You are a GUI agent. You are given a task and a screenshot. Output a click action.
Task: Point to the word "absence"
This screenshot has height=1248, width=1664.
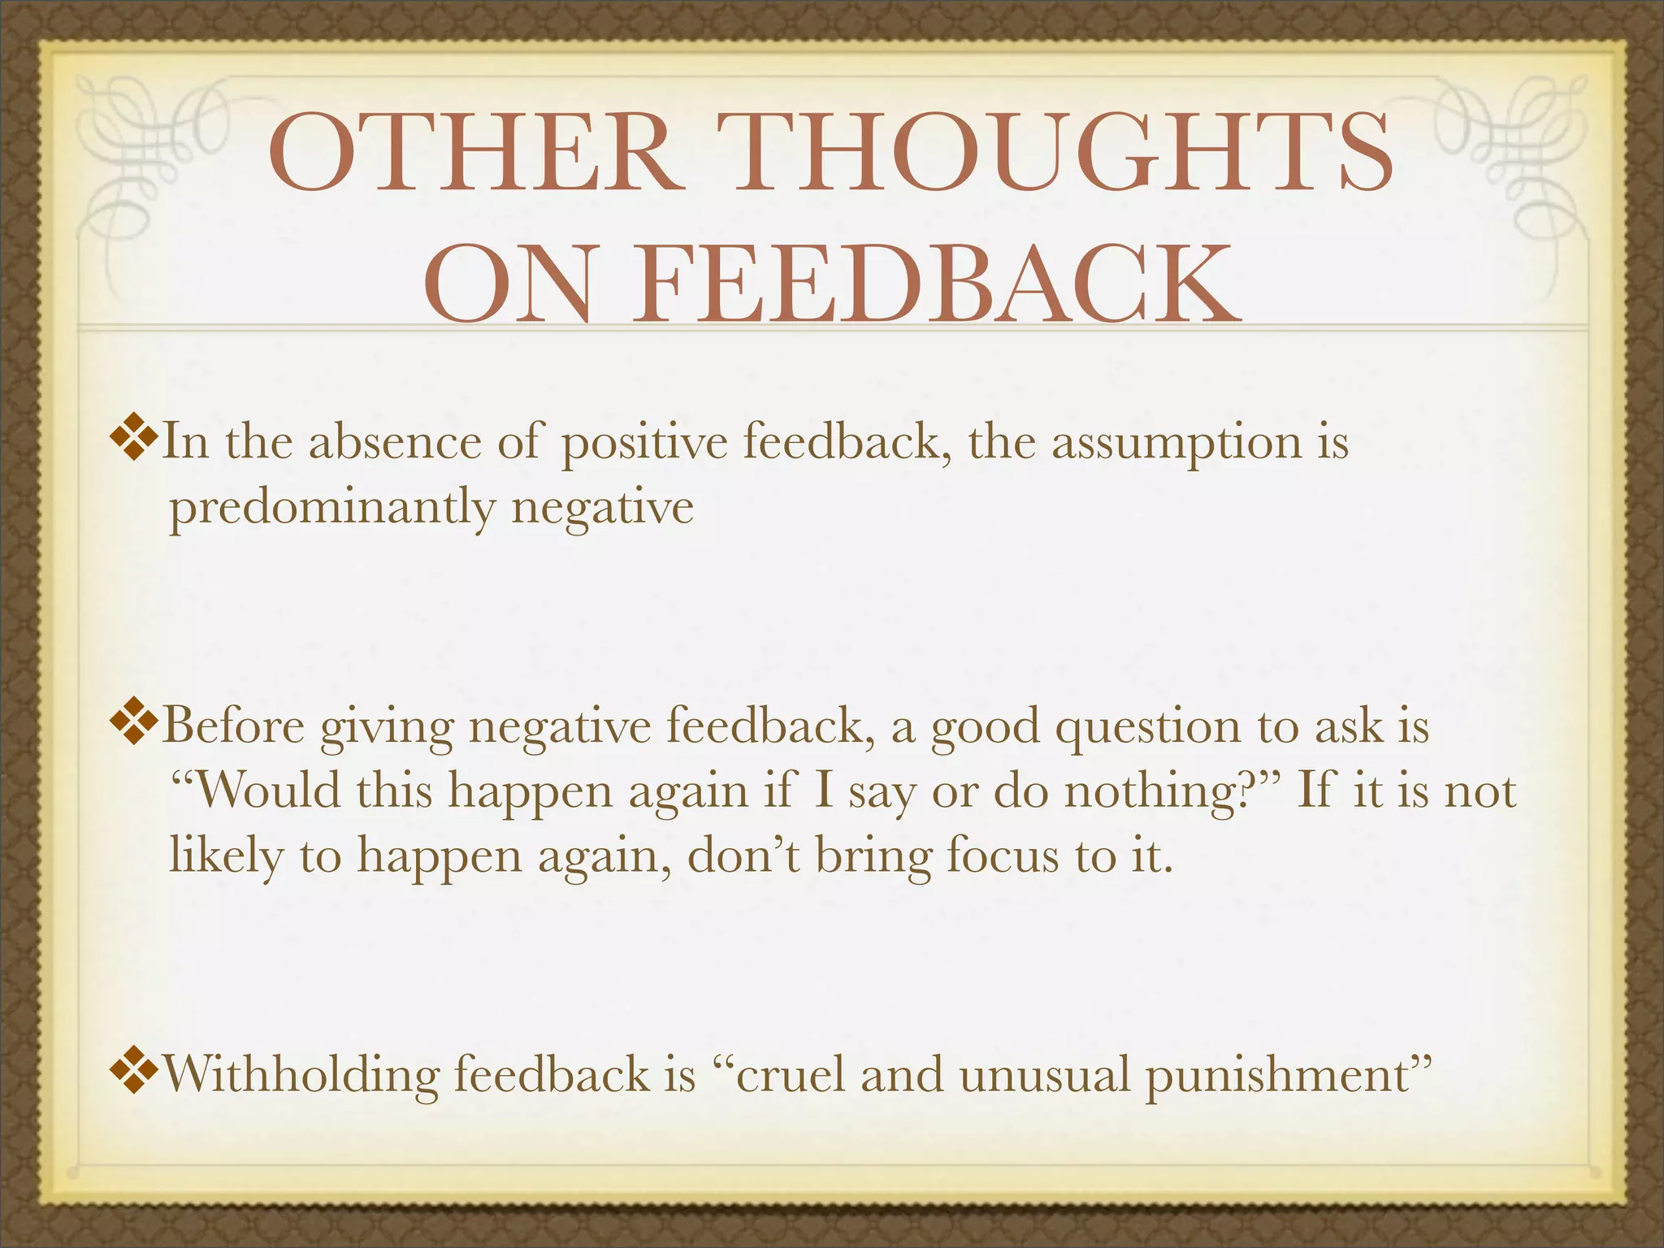(395, 443)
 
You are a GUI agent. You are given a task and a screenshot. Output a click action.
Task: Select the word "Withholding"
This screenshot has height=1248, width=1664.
(301, 1074)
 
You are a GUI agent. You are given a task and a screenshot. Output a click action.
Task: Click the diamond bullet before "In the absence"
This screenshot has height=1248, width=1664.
(132, 440)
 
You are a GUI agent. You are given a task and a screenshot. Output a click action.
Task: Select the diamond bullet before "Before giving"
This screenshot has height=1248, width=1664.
(132, 722)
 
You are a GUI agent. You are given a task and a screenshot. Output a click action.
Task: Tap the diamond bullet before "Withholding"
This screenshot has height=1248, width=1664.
(132, 1072)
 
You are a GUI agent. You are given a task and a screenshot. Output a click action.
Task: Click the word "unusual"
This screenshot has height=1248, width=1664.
(1044, 1074)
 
